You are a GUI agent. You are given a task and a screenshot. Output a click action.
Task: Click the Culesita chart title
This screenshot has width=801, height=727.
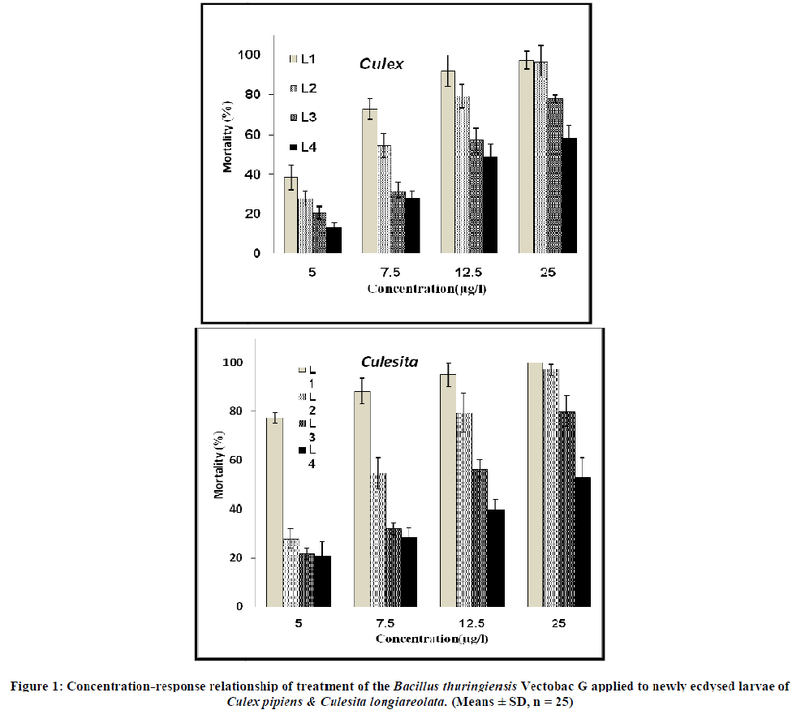pyautogui.click(x=390, y=362)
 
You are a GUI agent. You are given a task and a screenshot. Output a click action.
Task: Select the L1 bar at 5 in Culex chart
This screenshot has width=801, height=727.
pyautogui.click(x=291, y=215)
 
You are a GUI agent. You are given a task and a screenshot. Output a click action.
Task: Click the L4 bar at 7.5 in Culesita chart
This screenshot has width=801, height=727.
pyautogui.click(x=408, y=571)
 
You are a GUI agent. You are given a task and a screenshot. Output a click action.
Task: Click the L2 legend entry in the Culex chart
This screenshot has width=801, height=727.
pyautogui.click(x=303, y=88)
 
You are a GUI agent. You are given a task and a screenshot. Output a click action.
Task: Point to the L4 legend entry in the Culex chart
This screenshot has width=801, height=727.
pyautogui.click(x=303, y=148)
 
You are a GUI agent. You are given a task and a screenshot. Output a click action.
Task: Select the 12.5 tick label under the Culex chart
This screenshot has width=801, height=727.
pyautogui.click(x=469, y=273)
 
